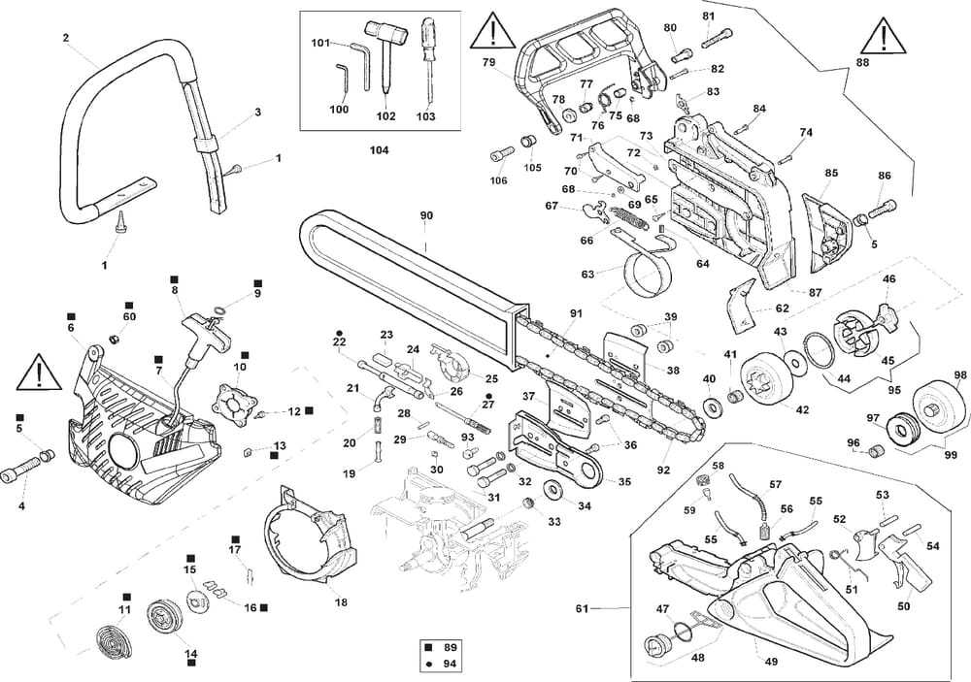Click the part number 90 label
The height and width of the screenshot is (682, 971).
tap(426, 214)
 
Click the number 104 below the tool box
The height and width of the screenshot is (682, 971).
tap(380, 150)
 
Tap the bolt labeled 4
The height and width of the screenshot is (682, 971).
tap(21, 475)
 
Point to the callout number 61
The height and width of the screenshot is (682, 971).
tap(583, 608)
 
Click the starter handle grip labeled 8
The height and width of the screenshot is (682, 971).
tap(208, 324)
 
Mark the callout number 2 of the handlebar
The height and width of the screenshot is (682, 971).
tap(65, 38)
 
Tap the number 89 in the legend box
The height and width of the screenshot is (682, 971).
tap(449, 645)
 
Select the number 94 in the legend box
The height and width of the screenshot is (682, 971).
tap(449, 665)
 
